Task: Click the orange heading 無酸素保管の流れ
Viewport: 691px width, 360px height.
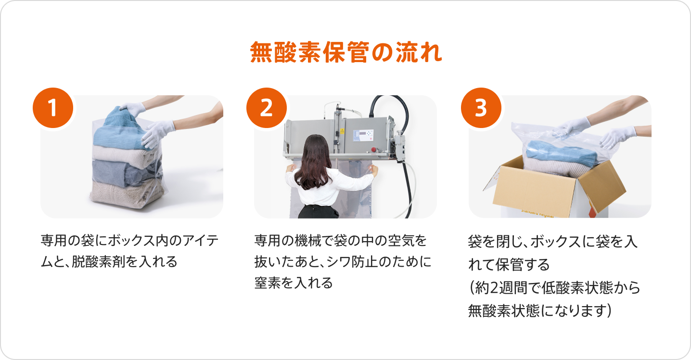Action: pos(346,52)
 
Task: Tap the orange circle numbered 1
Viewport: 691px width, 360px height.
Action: pos(53,108)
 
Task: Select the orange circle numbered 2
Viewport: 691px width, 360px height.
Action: pos(267,108)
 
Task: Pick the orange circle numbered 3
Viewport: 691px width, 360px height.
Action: pos(481,108)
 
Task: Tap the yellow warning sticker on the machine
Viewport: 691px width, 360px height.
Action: pos(342,131)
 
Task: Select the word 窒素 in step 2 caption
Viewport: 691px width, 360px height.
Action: pos(268,283)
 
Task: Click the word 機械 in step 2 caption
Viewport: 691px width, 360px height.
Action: pos(308,241)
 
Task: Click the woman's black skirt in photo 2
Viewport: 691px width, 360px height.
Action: pos(318,212)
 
